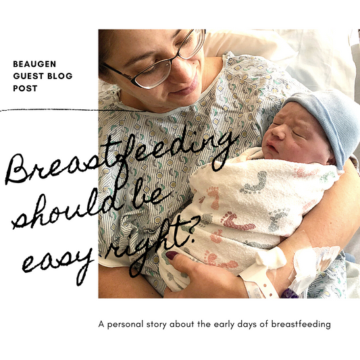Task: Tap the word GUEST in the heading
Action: point(29,76)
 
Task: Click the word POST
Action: point(25,88)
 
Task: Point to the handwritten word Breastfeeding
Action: point(122,159)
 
